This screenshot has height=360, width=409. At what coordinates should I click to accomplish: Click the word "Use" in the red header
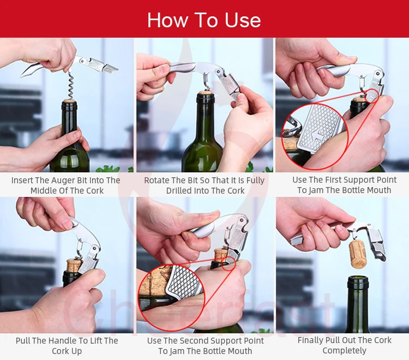tap(243, 20)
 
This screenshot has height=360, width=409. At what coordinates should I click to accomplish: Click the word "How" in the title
tap(167, 20)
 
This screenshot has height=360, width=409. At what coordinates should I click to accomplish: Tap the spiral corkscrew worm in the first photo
tap(71, 86)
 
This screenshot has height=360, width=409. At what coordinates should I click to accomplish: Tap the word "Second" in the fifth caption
tap(194, 341)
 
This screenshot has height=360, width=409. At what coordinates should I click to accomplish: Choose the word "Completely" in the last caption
tap(344, 351)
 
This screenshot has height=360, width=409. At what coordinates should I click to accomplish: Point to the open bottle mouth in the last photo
tap(358, 279)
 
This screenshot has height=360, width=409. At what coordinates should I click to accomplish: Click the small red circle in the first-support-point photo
tap(372, 96)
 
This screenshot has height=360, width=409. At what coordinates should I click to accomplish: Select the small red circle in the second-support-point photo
tap(228, 263)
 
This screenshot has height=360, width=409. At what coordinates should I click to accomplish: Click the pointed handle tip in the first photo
tap(21, 76)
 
